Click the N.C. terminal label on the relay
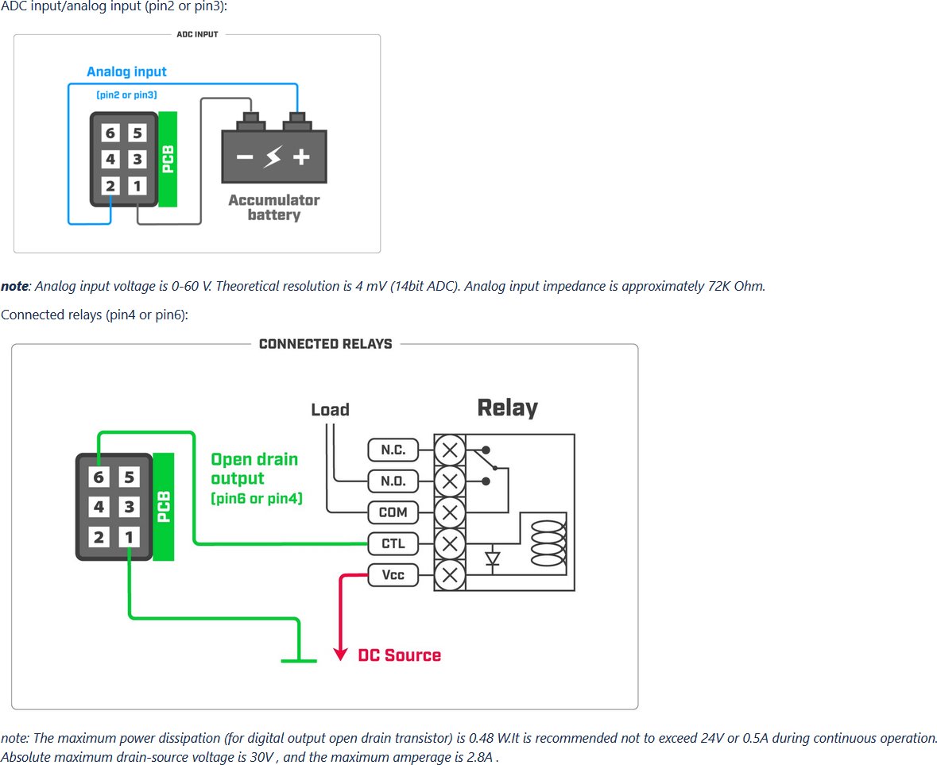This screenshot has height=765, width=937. pyautogui.click(x=393, y=450)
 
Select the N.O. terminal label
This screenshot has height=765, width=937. pyautogui.click(x=393, y=481)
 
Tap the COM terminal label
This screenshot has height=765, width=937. pyautogui.click(x=393, y=512)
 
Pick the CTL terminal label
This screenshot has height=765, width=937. pyautogui.click(x=393, y=543)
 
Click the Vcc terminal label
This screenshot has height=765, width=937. pyautogui.click(x=393, y=575)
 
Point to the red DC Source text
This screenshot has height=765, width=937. pyautogui.click(x=399, y=655)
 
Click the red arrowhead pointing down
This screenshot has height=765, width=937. pyautogui.click(x=341, y=653)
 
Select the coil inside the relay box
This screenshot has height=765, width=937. pyautogui.click(x=548, y=543)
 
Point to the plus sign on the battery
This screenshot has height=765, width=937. pyautogui.click(x=301, y=157)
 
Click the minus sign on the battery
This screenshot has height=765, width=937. pyautogui.click(x=245, y=157)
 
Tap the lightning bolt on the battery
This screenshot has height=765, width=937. pyautogui.click(x=273, y=156)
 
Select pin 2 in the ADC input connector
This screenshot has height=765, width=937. pyautogui.click(x=110, y=186)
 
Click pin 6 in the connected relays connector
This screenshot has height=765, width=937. pyautogui.click(x=99, y=477)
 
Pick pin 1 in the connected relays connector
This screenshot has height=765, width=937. pyautogui.click(x=129, y=537)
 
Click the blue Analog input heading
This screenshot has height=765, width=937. pyautogui.click(x=126, y=71)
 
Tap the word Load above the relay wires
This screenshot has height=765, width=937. pyautogui.click(x=330, y=410)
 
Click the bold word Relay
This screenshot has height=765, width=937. pyautogui.click(x=507, y=408)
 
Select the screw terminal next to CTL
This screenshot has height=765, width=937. pyautogui.click(x=450, y=543)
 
